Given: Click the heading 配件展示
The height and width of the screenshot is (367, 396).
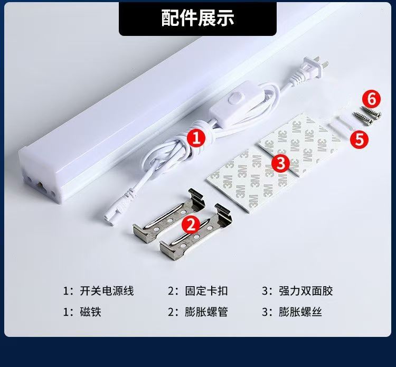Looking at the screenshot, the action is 198,17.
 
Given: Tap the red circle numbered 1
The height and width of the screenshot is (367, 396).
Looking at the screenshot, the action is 196,138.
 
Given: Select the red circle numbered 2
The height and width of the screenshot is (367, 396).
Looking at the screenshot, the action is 191,224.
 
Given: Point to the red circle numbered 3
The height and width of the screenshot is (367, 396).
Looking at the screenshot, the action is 280,163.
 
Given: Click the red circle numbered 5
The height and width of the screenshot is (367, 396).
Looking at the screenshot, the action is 359,139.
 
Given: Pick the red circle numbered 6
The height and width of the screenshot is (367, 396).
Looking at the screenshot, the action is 371,100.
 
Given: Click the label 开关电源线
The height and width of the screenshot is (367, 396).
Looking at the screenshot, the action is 107,291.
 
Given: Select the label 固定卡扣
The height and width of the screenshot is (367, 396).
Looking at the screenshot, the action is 206,291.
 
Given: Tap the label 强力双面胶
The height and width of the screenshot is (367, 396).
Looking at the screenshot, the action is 306,291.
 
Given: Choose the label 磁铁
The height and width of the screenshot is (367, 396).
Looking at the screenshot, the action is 91,312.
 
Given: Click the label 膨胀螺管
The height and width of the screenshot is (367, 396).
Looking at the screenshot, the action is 206,312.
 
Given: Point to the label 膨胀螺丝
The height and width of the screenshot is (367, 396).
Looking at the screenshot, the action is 300,312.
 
